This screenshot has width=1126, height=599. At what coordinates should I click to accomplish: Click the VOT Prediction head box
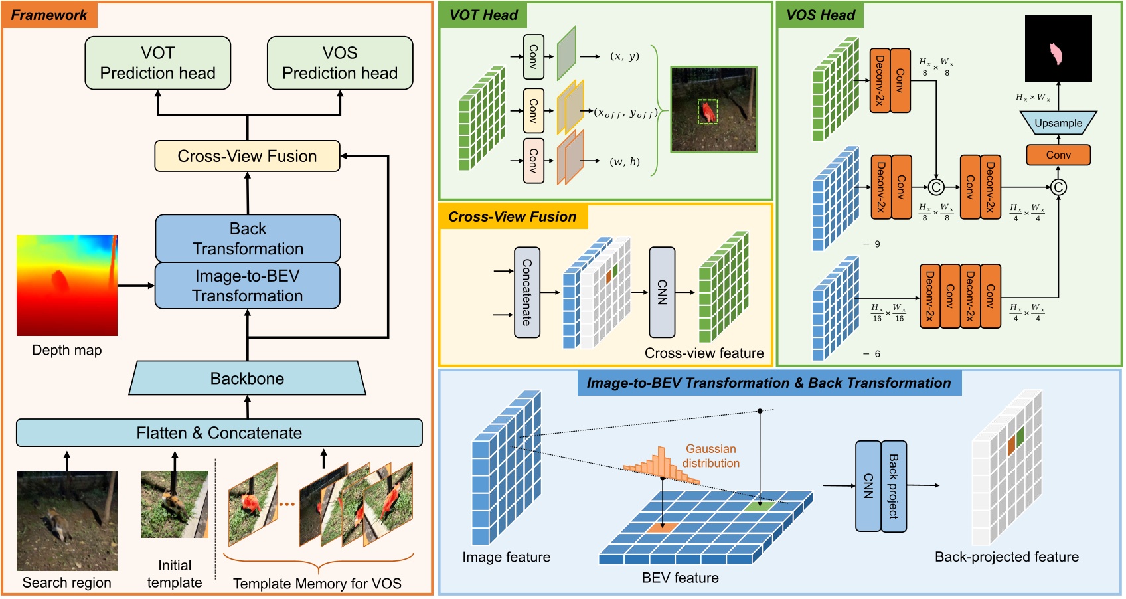click(x=158, y=63)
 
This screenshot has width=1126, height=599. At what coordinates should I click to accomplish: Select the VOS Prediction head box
click(x=340, y=63)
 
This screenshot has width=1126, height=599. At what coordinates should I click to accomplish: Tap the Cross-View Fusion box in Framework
click(x=247, y=156)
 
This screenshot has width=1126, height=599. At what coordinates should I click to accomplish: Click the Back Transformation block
click(x=248, y=238)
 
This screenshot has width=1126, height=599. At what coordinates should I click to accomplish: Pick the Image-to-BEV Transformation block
click(x=248, y=286)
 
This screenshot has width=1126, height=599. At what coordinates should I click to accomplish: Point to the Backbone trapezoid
click(x=247, y=379)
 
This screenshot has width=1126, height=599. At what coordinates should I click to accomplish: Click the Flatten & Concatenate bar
click(x=219, y=433)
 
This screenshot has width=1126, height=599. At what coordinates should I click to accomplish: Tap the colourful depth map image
click(x=67, y=285)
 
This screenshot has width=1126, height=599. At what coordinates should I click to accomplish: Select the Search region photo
click(x=67, y=521)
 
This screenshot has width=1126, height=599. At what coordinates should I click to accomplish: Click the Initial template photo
click(x=175, y=504)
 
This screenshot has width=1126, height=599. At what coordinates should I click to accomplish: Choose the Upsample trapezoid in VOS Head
click(x=1058, y=123)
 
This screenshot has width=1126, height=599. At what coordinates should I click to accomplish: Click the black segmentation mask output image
click(x=1058, y=48)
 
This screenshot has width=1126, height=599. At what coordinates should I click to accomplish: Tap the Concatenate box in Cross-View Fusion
click(x=527, y=292)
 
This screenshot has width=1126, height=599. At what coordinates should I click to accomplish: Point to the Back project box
click(x=894, y=486)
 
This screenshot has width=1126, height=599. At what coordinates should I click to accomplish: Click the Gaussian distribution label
click(x=710, y=456)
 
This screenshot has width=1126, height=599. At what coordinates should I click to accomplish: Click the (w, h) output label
click(x=625, y=161)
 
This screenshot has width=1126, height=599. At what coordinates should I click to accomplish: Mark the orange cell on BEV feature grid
click(x=662, y=527)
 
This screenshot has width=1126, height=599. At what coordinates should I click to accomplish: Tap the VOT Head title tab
click(x=483, y=15)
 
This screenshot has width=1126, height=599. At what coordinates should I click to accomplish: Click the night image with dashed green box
click(x=714, y=110)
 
